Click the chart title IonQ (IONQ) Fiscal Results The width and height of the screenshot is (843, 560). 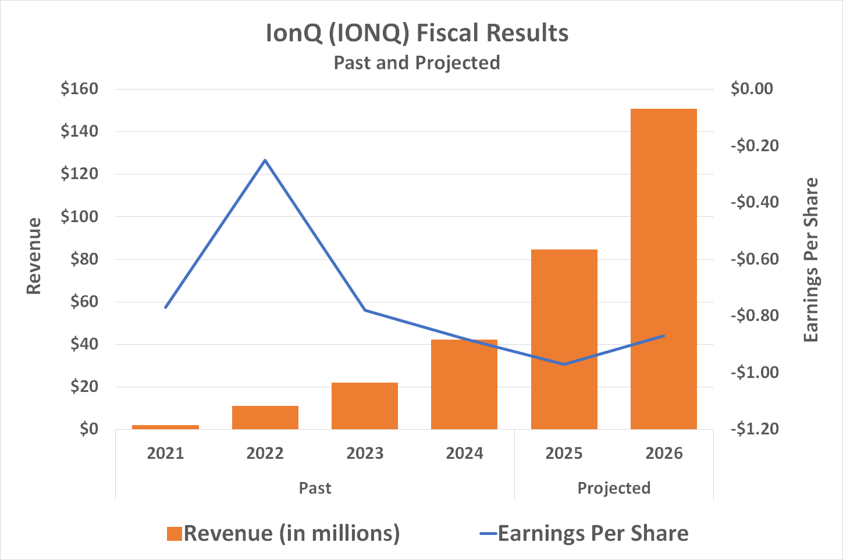pyautogui.click(x=417, y=33)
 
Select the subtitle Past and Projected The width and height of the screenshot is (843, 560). pyautogui.click(x=417, y=63)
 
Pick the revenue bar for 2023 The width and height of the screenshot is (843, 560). pyautogui.click(x=365, y=406)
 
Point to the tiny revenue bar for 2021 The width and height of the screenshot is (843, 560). pyautogui.click(x=165, y=427)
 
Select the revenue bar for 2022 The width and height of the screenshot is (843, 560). pyautogui.click(x=265, y=418)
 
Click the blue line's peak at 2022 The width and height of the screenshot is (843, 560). pyautogui.click(x=265, y=160)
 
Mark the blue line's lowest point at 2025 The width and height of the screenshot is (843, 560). pyautogui.click(x=564, y=364)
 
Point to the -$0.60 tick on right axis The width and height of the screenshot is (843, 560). pyautogui.click(x=754, y=259)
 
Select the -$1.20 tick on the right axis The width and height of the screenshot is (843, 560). pyautogui.click(x=754, y=429)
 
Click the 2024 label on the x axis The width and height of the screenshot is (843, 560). pyautogui.click(x=464, y=454)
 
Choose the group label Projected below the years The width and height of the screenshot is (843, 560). pyautogui.click(x=614, y=488)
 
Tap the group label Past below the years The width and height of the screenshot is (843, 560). pyautogui.click(x=315, y=488)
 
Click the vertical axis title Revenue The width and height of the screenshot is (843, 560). pyautogui.click(x=34, y=256)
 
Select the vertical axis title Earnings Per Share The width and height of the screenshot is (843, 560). pyautogui.click(x=810, y=260)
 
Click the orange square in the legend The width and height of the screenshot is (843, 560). pyautogui.click(x=174, y=534)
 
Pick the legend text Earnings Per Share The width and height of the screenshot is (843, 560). pyautogui.click(x=593, y=534)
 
